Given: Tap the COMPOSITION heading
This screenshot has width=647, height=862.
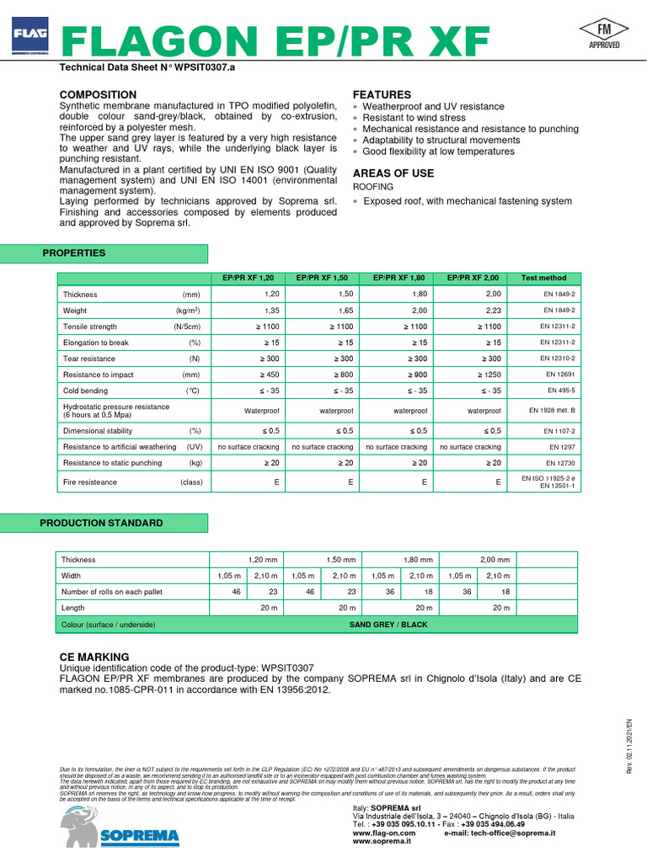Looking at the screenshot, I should tap(98, 94).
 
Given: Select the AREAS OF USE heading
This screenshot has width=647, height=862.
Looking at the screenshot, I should tap(393, 173).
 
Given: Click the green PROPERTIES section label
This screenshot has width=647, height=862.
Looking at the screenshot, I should tap(75, 253).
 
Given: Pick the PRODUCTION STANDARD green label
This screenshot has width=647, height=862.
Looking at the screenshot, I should tap(101, 523).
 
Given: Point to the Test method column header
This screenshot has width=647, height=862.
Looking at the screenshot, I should tap(543, 278).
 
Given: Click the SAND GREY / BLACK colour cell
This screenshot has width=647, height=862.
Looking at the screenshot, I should tap(388, 625).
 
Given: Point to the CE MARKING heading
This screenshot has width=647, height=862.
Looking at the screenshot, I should tap(94, 657).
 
